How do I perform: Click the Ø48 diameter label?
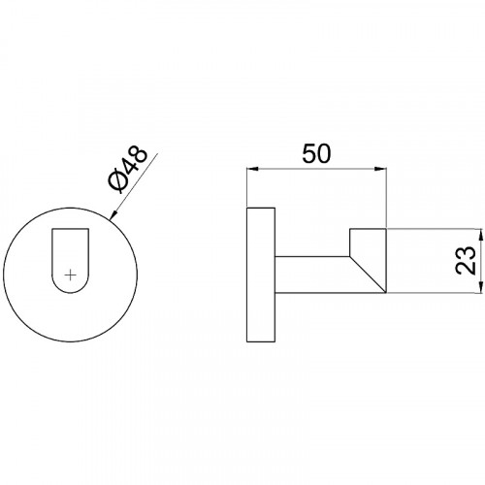pyautogui.click(x=128, y=170)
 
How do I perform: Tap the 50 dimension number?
pyautogui.click(x=316, y=153)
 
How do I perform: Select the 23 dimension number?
pyautogui.click(x=466, y=260)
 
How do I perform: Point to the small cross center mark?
pyautogui.click(x=70, y=275)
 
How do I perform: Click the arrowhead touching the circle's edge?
pyautogui.click(x=113, y=215)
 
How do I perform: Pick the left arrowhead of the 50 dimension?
pyautogui.click(x=253, y=169)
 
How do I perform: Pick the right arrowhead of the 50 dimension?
pyautogui.click(x=380, y=169)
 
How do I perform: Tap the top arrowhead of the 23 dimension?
pyautogui.click(x=480, y=235)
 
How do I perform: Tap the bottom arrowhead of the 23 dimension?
pyautogui.click(x=480, y=287)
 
